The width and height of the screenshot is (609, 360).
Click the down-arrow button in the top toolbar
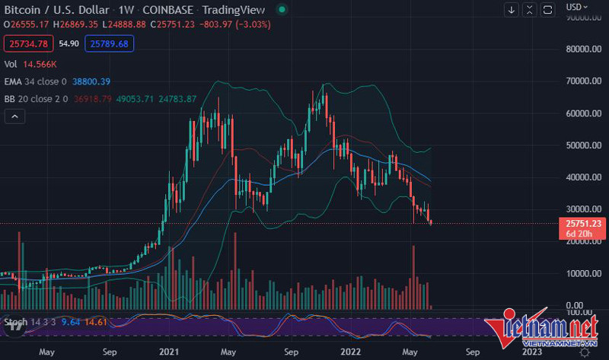tap(512, 10)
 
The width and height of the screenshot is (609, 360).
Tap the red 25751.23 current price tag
tap(582, 221)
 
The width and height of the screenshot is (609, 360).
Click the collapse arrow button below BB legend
tap(14, 116)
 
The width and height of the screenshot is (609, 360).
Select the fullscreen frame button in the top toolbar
tap(548, 10)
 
